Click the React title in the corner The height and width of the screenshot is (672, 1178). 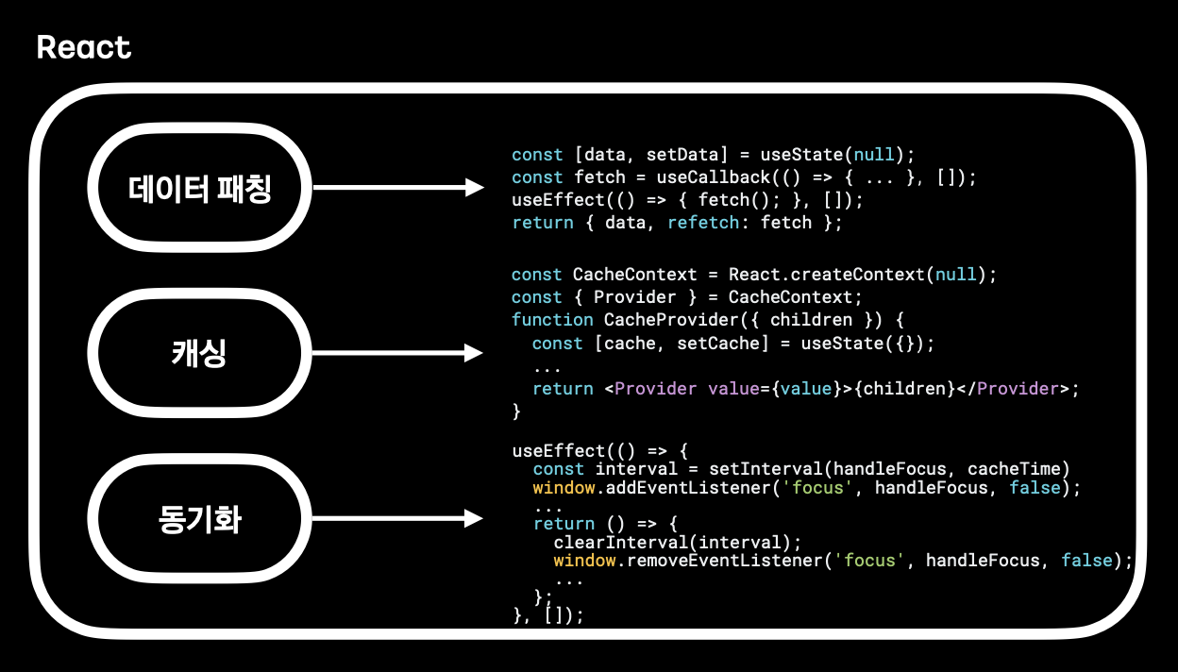click(x=84, y=47)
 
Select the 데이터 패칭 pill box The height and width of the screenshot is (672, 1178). click(x=199, y=188)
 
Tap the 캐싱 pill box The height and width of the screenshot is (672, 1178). click(x=199, y=354)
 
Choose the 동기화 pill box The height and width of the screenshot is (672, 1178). click(x=199, y=519)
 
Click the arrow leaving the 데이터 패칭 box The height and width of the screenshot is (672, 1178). click(x=396, y=188)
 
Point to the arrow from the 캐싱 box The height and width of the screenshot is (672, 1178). click(x=396, y=354)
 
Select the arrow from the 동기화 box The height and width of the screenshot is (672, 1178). click(x=396, y=518)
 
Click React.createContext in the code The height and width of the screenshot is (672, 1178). click(x=826, y=275)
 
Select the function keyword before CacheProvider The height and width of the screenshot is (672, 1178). click(x=552, y=320)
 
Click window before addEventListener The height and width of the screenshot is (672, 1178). click(x=563, y=488)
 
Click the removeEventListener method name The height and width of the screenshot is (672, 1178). click(x=724, y=561)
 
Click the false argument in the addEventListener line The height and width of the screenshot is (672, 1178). click(x=1035, y=488)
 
